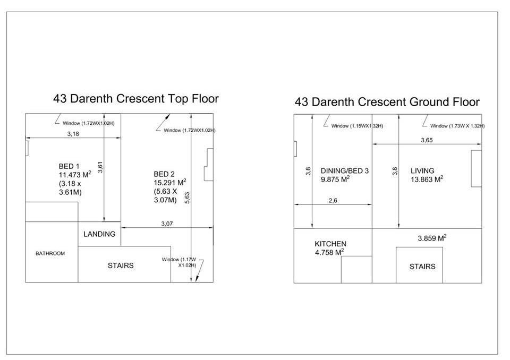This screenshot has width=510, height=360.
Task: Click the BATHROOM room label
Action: (x=50, y=253)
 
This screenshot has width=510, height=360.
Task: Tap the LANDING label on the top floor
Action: (x=99, y=234)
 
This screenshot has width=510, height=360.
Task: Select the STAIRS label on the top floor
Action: (x=121, y=265)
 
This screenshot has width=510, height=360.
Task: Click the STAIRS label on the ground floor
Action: (x=422, y=267)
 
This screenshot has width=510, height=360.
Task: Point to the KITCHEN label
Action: (x=330, y=244)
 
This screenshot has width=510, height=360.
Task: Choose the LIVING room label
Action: (x=422, y=171)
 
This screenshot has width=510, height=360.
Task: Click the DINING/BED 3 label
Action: (x=345, y=171)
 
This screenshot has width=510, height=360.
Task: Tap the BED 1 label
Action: (x=69, y=166)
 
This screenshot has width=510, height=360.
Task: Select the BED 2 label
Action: (x=164, y=174)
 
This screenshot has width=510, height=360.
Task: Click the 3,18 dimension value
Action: (x=73, y=134)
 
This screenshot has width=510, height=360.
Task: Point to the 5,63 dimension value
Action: (x=187, y=198)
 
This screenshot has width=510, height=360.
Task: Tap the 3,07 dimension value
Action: (x=167, y=224)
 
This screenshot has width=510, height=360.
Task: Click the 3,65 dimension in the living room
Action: (x=427, y=140)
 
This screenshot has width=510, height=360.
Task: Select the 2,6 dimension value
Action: (x=333, y=201)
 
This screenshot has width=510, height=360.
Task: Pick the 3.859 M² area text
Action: (x=432, y=238)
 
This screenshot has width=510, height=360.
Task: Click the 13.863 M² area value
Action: (x=427, y=179)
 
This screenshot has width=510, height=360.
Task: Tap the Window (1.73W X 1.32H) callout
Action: (x=457, y=126)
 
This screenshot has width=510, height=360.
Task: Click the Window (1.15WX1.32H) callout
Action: (x=357, y=126)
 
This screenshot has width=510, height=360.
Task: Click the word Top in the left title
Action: (x=178, y=99)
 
